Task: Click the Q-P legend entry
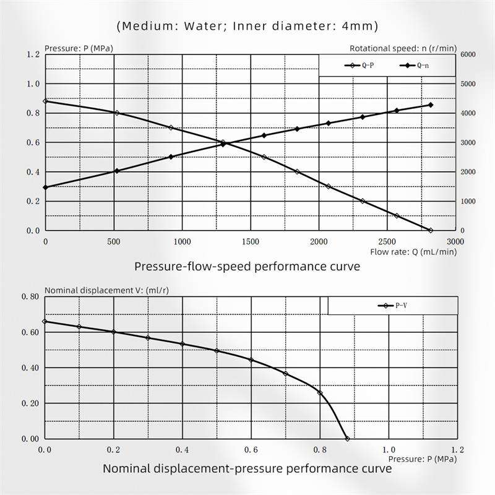[359, 65]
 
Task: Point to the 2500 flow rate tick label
[387, 241]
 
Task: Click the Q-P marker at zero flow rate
[45, 101]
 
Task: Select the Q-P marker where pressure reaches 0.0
[431, 230]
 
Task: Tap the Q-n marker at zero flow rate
[45, 187]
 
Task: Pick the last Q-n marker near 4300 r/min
[431, 105]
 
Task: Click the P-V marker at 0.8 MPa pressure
[320, 393]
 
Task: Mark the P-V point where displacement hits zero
[347, 438]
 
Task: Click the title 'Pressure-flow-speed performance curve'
[247, 267]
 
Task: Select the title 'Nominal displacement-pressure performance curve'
[247, 468]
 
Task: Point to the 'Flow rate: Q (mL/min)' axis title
[414, 252]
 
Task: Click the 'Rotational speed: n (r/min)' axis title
[403, 48]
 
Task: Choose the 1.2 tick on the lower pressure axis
[457, 449]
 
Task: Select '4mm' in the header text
[358, 26]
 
